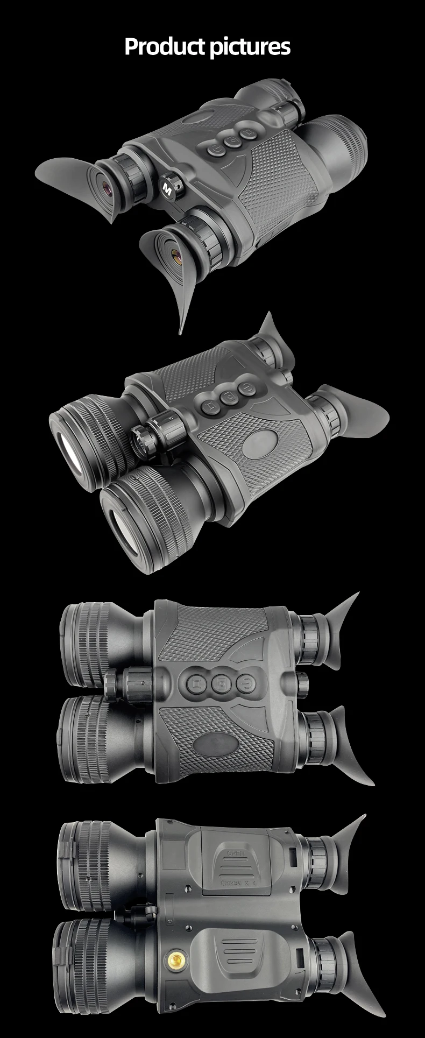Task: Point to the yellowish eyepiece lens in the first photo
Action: coord(175,251)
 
